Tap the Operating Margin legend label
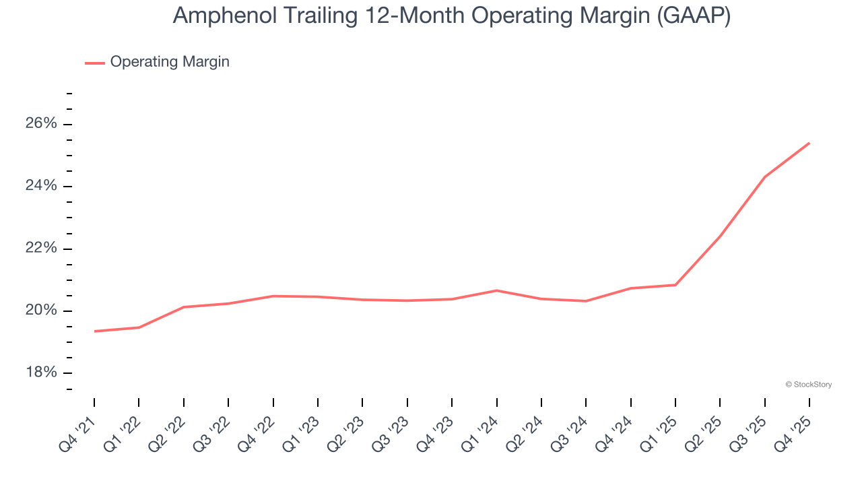(170, 62)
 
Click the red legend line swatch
(94, 63)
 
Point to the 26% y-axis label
(42, 124)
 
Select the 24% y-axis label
(42, 186)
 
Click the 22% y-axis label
(42, 249)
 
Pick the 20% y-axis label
(42, 311)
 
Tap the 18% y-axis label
(42, 373)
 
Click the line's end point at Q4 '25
(809, 143)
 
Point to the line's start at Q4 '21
(94, 331)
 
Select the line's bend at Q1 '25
(675, 285)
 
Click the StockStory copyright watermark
(809, 385)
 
